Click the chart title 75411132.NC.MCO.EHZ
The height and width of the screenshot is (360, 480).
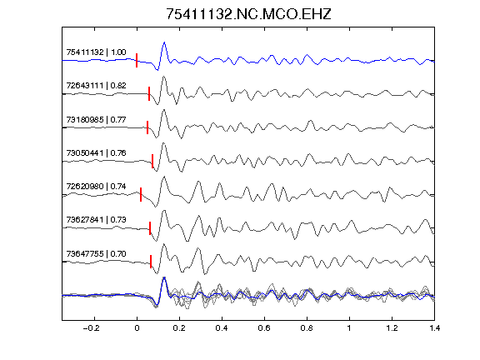coord(248,14)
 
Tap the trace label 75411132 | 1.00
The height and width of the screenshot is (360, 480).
coord(96,52)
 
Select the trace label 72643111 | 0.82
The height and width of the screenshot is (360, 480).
coord(96,85)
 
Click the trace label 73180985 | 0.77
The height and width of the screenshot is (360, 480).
coord(96,119)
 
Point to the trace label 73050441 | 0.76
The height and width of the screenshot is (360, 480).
coord(96,152)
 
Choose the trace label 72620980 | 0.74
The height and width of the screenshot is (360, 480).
coord(96,186)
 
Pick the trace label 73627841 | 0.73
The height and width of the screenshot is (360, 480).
coord(96,220)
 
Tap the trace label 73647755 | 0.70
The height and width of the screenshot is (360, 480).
coord(96,254)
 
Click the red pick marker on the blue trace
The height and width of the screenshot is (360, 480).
coord(137,60)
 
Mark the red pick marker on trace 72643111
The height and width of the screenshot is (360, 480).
coord(149,93)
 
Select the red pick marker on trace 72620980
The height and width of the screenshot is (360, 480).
coord(141,194)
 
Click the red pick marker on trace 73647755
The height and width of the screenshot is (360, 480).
coord(151,262)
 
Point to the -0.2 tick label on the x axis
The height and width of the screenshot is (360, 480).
coord(91,328)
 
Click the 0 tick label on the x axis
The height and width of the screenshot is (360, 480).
coord(137,328)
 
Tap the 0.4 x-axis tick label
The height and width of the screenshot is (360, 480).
coord(222,328)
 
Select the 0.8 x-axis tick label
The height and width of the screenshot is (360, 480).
coord(307,328)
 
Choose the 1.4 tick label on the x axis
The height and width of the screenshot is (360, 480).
coord(434,328)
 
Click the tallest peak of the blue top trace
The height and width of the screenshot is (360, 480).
coord(164,42)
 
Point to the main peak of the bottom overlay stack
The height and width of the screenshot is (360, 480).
coord(164,278)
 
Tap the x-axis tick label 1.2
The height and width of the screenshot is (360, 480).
coord(392,328)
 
